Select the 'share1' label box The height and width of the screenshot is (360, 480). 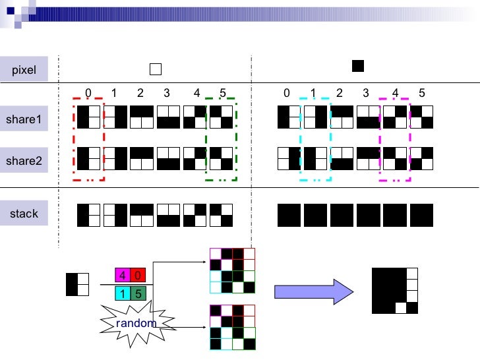click(x=24, y=119)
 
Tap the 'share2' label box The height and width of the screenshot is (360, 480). click(x=24, y=160)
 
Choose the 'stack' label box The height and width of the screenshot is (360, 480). click(x=24, y=214)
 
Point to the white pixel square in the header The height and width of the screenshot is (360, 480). click(x=156, y=69)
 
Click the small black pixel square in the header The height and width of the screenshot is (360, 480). click(x=358, y=65)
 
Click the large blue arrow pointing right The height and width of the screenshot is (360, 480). click(x=310, y=291)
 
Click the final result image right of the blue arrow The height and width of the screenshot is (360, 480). click(x=394, y=290)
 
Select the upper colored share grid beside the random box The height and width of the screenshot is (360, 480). click(x=231, y=270)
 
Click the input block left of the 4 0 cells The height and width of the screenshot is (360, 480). click(x=77, y=284)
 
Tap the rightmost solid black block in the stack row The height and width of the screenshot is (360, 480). click(x=422, y=215)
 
